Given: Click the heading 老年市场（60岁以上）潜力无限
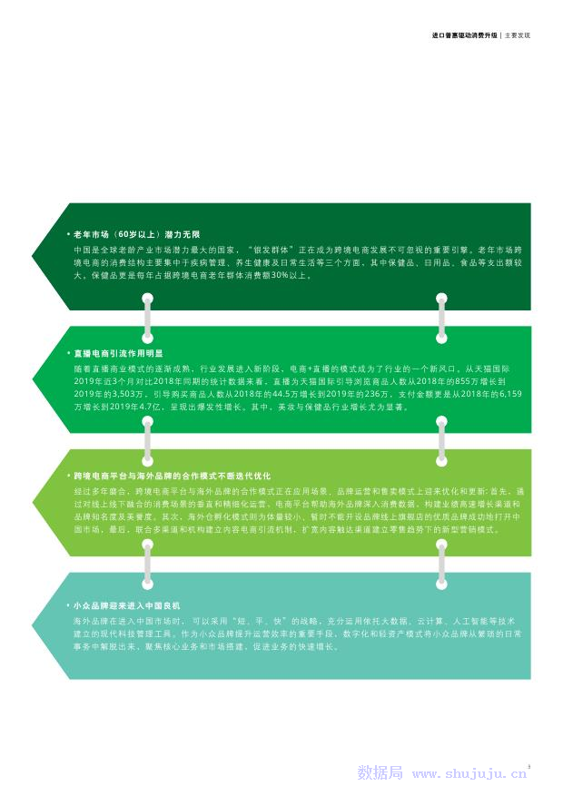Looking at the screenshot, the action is tap(139, 233).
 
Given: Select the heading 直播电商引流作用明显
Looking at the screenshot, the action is tap(119, 352).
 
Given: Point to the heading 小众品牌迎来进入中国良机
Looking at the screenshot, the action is tap(128, 604).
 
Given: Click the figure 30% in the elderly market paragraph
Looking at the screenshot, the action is tap(274, 274).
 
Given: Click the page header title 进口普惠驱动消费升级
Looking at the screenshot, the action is tap(465, 35).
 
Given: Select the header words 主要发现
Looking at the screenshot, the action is tap(517, 35).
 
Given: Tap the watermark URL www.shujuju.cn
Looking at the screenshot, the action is tap(469, 774).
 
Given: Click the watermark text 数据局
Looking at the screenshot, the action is tap(380, 774).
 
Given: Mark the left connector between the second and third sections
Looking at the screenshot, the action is tap(145, 439).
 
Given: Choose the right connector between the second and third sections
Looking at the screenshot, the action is tap(441, 439).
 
